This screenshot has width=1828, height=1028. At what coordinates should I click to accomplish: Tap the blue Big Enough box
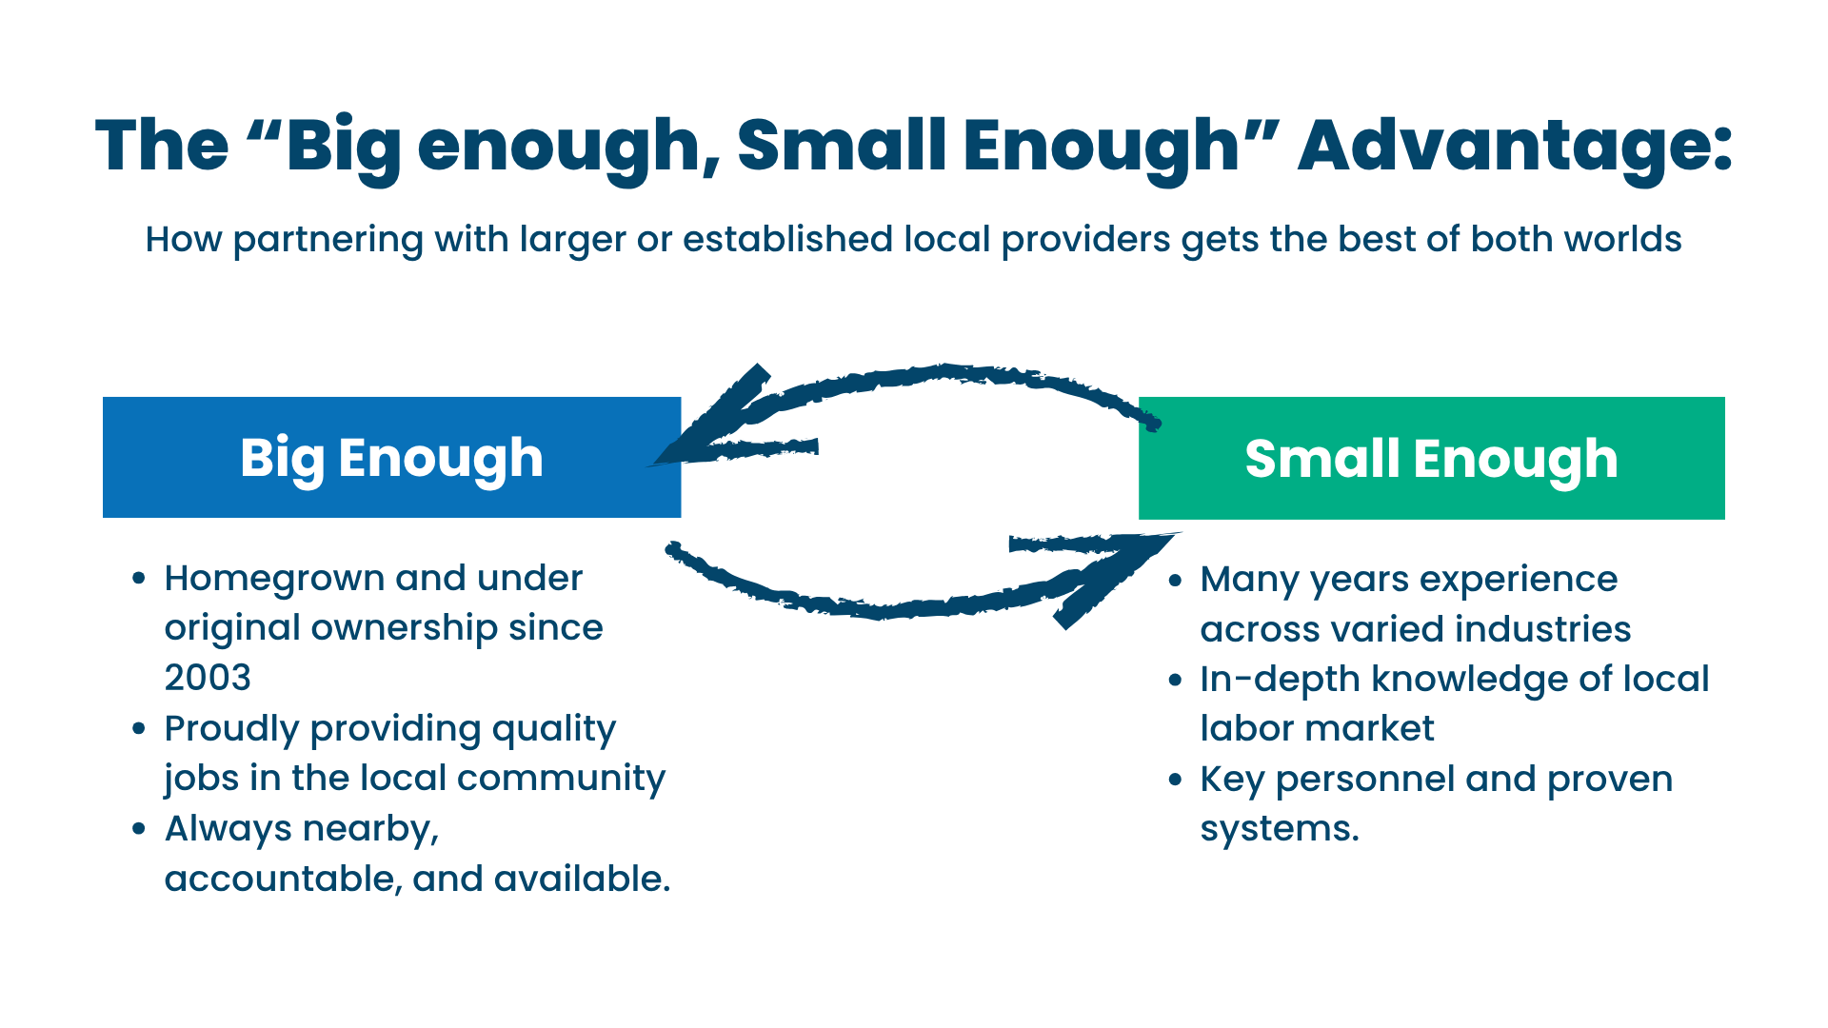pos(391,458)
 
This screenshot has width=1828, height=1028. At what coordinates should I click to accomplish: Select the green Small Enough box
pos(1431,459)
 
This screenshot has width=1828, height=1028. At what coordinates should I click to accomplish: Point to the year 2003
pos(208,678)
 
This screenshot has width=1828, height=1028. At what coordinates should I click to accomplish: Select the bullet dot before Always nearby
pos(139,829)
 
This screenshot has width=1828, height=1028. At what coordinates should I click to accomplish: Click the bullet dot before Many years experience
pos(1176,581)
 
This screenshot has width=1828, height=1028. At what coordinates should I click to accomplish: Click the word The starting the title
pos(162,146)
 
